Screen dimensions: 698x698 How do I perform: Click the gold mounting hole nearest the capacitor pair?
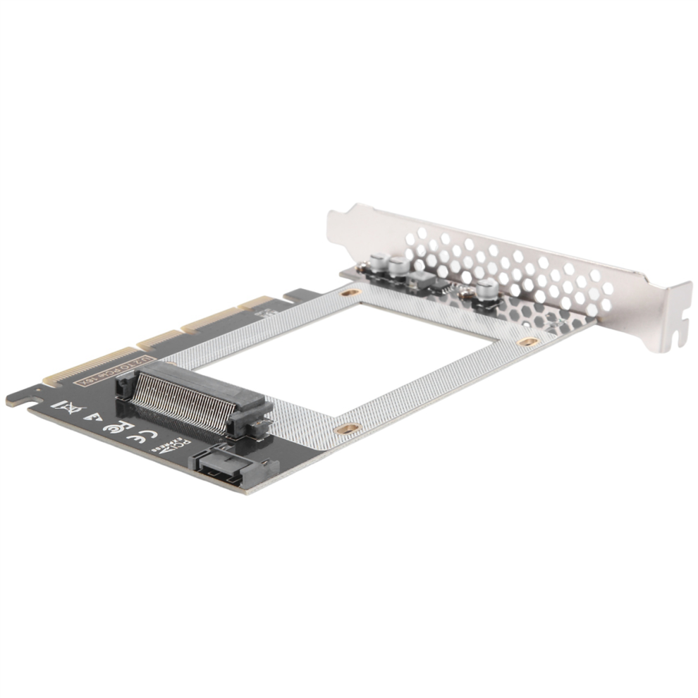[348, 291]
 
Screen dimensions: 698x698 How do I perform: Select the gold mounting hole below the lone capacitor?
[526, 341]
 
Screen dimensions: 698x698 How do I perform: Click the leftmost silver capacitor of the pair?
[379, 265]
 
